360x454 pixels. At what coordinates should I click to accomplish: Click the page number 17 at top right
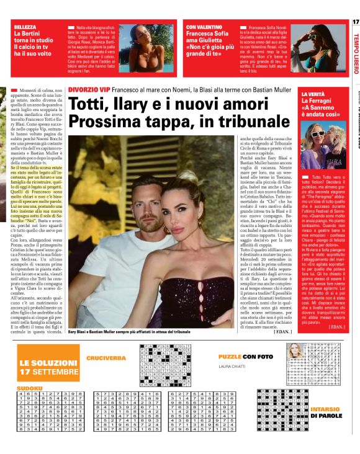pyautogui.click(x=354, y=22)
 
